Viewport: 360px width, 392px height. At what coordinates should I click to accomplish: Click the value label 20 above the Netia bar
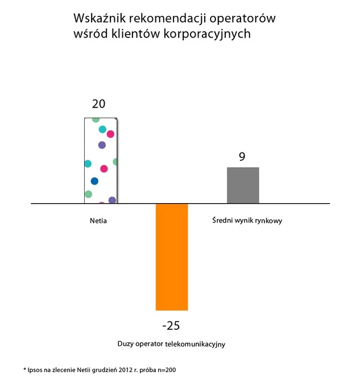99,104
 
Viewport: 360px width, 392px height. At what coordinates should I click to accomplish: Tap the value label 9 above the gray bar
242,156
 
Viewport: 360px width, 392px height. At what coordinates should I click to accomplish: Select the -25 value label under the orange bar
171,325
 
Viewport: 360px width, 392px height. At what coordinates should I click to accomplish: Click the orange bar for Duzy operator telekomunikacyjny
172,256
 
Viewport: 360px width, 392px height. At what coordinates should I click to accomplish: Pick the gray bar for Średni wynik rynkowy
243,185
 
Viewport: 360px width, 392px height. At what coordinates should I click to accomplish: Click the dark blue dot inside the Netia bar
94,181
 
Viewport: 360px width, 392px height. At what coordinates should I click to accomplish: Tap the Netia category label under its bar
98,220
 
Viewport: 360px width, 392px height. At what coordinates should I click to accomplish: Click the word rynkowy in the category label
269,220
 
